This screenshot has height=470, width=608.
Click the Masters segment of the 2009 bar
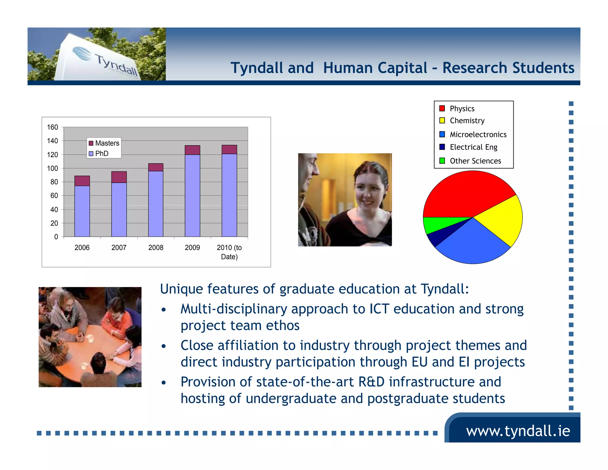tap(192, 150)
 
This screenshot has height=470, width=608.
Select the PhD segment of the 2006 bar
tap(82, 211)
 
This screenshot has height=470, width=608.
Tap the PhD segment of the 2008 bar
tap(156, 204)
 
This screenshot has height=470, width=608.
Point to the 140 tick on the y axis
tap(53, 141)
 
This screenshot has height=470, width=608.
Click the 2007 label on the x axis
tap(119, 247)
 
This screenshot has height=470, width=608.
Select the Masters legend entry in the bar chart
tap(104, 143)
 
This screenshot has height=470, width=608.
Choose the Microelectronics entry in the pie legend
tap(478, 135)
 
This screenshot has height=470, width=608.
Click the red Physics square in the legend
tap(442, 108)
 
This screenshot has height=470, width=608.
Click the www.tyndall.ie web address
tap(518, 431)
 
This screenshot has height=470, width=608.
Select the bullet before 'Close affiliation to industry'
tap(164, 346)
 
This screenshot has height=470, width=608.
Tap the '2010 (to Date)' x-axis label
tap(229, 252)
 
